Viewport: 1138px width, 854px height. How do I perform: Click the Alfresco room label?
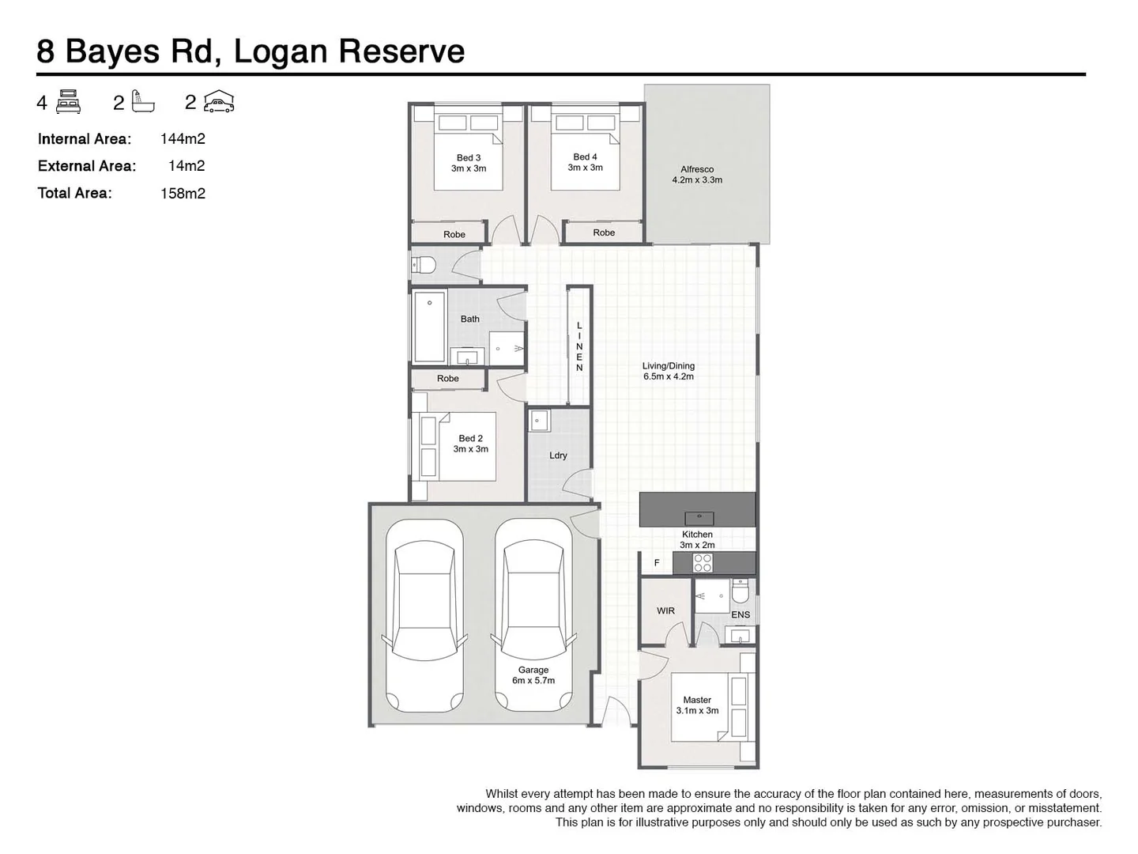[x=696, y=175]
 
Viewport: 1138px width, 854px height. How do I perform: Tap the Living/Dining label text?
[x=668, y=371]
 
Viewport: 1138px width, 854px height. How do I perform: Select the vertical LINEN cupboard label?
[x=579, y=346]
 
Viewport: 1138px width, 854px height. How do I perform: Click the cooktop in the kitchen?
[x=703, y=563]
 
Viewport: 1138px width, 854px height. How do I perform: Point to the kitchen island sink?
[x=699, y=518]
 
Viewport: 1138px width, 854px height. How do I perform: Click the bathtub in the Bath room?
[x=429, y=327]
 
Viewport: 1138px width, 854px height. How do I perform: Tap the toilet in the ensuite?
[x=740, y=591]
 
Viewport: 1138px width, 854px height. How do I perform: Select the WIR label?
[x=665, y=610]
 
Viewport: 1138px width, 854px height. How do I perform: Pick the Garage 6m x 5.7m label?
[x=533, y=675]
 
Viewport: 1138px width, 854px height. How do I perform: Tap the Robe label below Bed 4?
[x=604, y=232]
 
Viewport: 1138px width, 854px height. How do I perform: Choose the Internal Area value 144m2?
[x=183, y=139]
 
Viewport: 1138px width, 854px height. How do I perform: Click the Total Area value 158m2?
[x=183, y=193]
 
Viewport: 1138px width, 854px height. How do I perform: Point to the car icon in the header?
[x=219, y=102]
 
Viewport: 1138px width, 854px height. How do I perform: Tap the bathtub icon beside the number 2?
[x=143, y=102]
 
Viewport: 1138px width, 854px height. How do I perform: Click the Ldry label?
[x=558, y=455]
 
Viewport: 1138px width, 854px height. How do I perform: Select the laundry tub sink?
[x=539, y=421]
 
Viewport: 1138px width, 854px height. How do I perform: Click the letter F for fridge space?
[x=657, y=563]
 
